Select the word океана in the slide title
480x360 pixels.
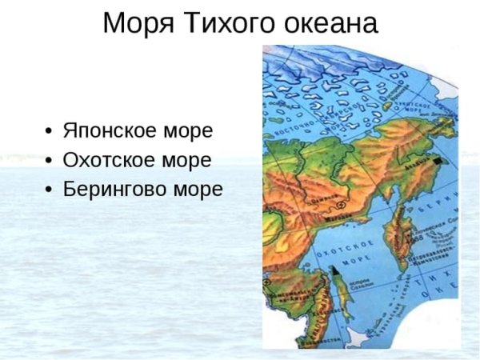pos(329,23)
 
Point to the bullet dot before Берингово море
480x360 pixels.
pos(50,190)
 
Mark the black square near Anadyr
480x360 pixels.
pos(437,162)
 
